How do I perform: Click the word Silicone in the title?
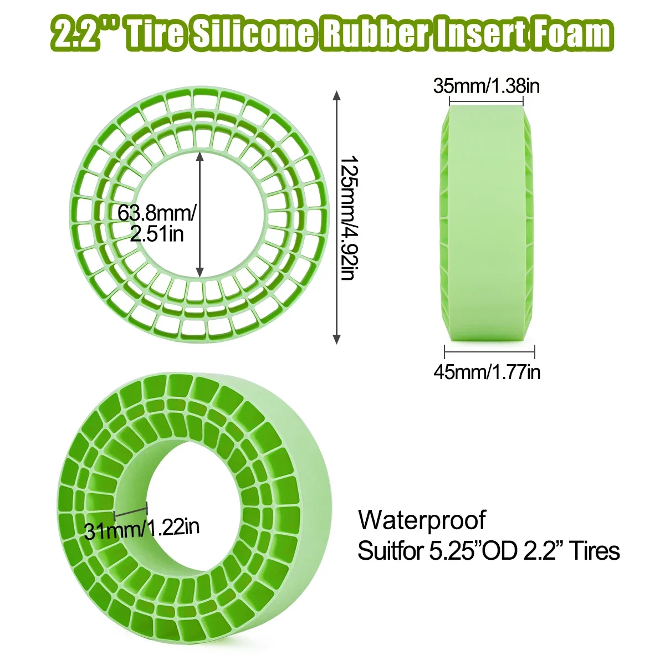coord(254,34)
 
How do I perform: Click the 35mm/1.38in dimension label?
coord(486,86)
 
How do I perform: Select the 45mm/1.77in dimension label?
coord(487,372)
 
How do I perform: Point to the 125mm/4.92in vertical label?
coord(347,217)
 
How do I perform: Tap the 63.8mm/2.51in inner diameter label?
coord(157,223)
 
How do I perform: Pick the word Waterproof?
coord(422,520)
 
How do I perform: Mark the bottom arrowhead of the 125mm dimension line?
coord(336,339)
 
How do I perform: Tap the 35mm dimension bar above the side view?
coord(486,102)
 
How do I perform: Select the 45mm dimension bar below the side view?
coord(489,351)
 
